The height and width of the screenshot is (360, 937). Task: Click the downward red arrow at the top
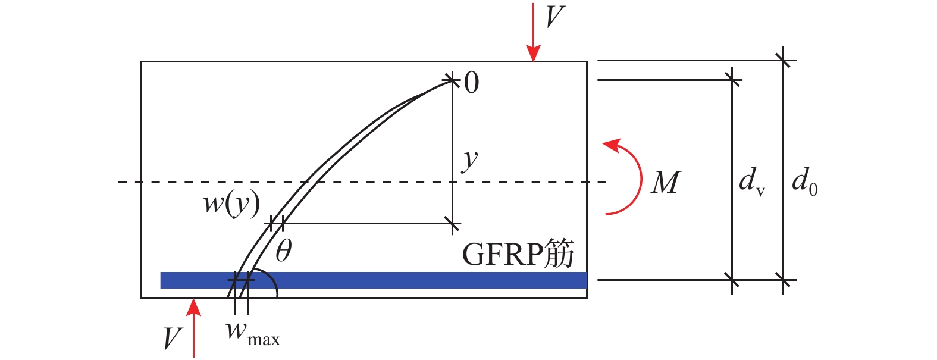[x=533, y=33]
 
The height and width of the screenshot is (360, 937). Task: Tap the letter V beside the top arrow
[x=556, y=17]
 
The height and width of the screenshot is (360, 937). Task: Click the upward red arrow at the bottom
[x=194, y=328]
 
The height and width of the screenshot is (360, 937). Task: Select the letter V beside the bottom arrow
[x=173, y=338]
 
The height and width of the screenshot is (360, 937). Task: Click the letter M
[x=666, y=183]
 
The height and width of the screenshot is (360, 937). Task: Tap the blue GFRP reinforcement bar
[x=374, y=280]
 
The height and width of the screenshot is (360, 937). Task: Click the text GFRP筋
[x=518, y=253]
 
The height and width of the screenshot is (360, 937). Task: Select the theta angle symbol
[x=284, y=251]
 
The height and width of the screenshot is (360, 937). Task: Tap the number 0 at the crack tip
[x=471, y=83]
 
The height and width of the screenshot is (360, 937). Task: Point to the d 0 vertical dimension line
[x=783, y=170]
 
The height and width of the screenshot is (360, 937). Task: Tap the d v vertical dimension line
[x=732, y=181]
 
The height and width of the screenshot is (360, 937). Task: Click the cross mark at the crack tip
[x=452, y=79]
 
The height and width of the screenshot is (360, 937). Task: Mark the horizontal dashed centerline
[x=362, y=182]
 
